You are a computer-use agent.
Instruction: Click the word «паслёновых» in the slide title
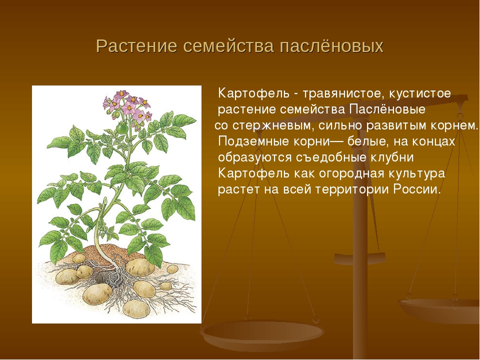point(331,46)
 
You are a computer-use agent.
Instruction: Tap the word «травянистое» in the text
point(341,93)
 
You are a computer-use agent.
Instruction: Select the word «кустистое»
point(420,93)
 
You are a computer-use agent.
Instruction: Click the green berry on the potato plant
point(122,127)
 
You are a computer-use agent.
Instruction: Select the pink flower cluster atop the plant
point(126,106)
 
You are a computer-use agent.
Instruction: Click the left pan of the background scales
point(261,332)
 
